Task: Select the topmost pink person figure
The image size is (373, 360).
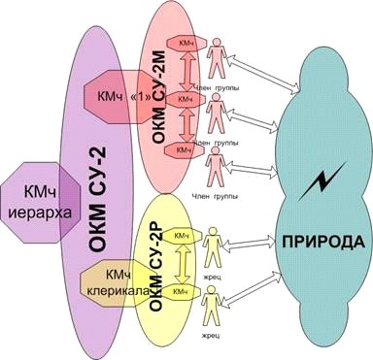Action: (x=218, y=59)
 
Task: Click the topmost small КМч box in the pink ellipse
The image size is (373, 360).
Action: (x=186, y=46)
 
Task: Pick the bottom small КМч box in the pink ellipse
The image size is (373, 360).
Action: (x=185, y=149)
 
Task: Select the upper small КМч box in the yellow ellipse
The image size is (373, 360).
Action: (x=181, y=236)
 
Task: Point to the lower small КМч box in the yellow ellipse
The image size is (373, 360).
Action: (x=181, y=290)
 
